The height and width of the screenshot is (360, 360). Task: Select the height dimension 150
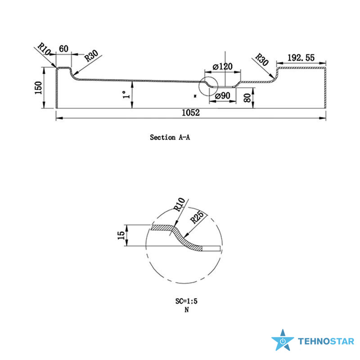pyautogui.click(x=39, y=88)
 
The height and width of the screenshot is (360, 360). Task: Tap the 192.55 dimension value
pyautogui.click(x=301, y=58)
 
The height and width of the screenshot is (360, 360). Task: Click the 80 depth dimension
pyautogui.click(x=247, y=97)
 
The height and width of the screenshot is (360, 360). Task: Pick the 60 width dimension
pyautogui.click(x=63, y=48)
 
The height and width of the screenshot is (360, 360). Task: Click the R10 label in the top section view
pyautogui.click(x=44, y=49)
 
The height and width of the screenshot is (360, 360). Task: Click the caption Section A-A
pyautogui.click(x=170, y=137)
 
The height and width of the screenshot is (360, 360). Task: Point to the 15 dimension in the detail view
pyautogui.click(x=121, y=236)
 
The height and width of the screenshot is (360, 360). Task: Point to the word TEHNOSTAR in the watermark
pyautogui.click(x=326, y=342)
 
